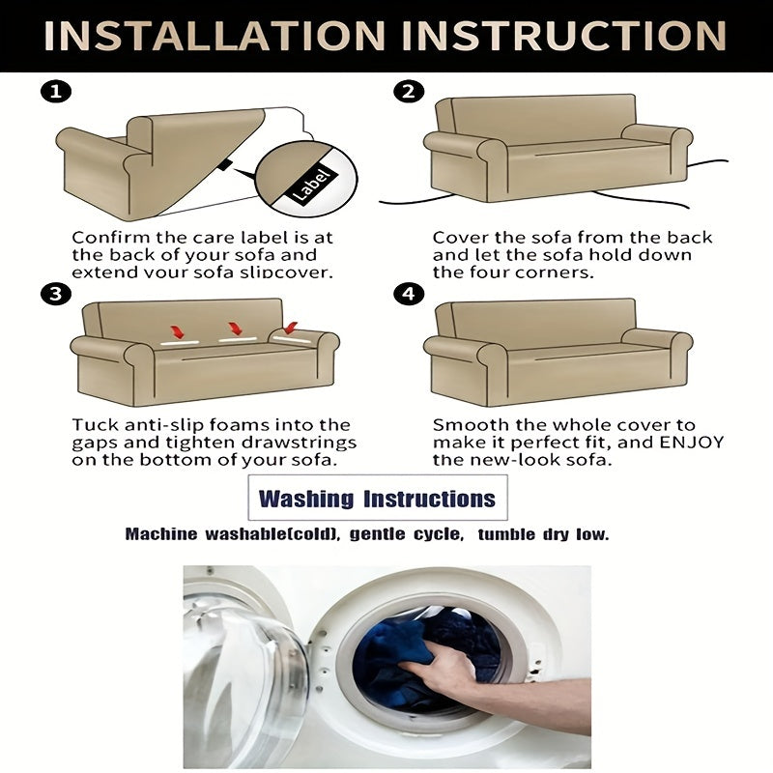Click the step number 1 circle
click(x=56, y=92)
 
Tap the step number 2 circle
click(x=409, y=92)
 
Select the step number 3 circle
click(x=56, y=294)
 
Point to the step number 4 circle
click(x=409, y=294)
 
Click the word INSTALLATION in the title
click(x=215, y=36)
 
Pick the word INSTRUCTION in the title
click(x=564, y=36)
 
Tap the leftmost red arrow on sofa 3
click(x=177, y=331)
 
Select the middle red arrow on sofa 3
click(x=235, y=329)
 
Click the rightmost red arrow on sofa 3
click(x=291, y=328)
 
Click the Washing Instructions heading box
click(x=378, y=498)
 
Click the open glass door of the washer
click(x=242, y=680)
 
